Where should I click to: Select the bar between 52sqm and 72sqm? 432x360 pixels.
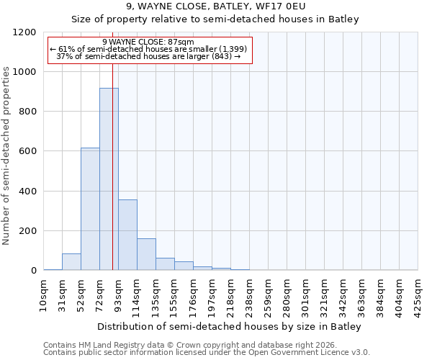[x=90, y=209]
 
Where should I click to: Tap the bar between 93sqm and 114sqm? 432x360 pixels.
[x=127, y=235]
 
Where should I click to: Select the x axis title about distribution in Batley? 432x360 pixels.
[x=230, y=326]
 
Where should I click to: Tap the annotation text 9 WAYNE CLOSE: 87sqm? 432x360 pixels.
[x=148, y=42]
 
